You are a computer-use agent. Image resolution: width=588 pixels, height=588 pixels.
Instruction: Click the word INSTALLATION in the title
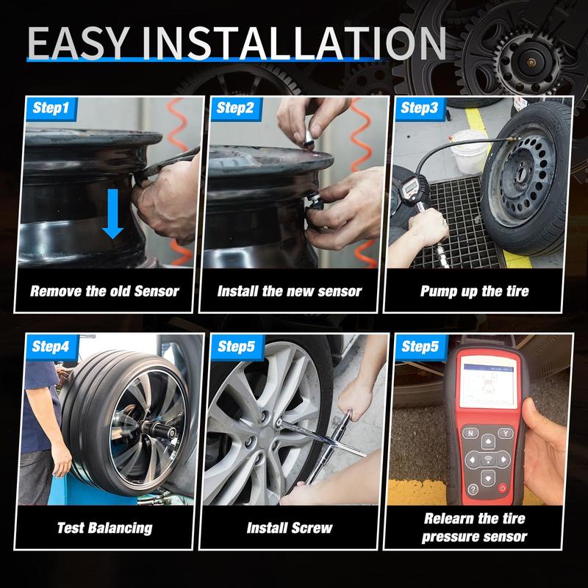pos(294,43)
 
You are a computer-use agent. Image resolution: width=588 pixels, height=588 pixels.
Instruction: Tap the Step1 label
pos(51,108)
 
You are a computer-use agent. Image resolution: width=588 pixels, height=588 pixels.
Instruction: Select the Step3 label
pos(420,108)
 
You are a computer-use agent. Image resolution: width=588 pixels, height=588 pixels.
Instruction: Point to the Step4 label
pos(51,346)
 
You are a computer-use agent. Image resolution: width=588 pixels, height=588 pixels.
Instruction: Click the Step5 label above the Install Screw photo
pos(236,346)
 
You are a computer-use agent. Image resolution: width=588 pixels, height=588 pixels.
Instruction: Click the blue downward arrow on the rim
pos(112,214)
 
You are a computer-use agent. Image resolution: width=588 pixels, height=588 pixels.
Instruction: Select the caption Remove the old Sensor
pos(104,291)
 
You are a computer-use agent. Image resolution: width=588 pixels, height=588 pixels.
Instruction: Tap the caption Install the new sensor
pos(290,291)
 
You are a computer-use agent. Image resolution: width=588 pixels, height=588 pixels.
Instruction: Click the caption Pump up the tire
pos(474,291)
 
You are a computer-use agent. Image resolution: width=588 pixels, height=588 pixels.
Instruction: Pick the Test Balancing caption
pos(105,528)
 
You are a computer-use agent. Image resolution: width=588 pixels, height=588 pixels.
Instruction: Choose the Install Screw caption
pos(290,528)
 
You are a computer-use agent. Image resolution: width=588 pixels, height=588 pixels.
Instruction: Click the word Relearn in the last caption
pos(448,519)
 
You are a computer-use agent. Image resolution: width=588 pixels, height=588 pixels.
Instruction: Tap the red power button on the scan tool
pos(502,488)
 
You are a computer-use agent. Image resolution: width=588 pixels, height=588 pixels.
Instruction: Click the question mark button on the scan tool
pos(473,489)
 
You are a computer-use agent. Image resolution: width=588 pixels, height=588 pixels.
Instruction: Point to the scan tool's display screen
pos(489,382)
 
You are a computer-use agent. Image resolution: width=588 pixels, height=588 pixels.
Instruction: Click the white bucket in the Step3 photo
pos(469,151)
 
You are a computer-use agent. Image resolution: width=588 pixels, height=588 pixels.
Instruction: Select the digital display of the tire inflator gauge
pos(412,185)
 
